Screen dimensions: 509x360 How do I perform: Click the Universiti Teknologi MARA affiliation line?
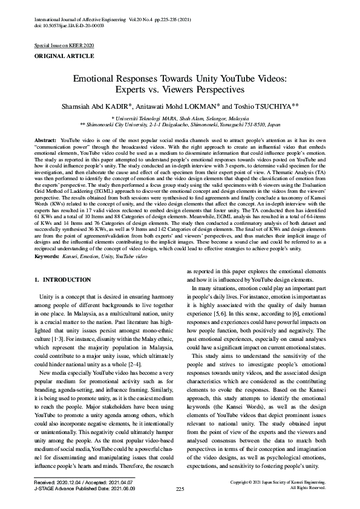pyautogui.click(x=180, y=118)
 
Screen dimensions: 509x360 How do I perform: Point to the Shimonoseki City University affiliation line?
pyautogui.click(x=180, y=125)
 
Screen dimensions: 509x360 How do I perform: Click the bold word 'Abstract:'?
pyautogui.click(x=46, y=140)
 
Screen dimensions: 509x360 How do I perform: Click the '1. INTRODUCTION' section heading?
pyautogui.click(x=63, y=280)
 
